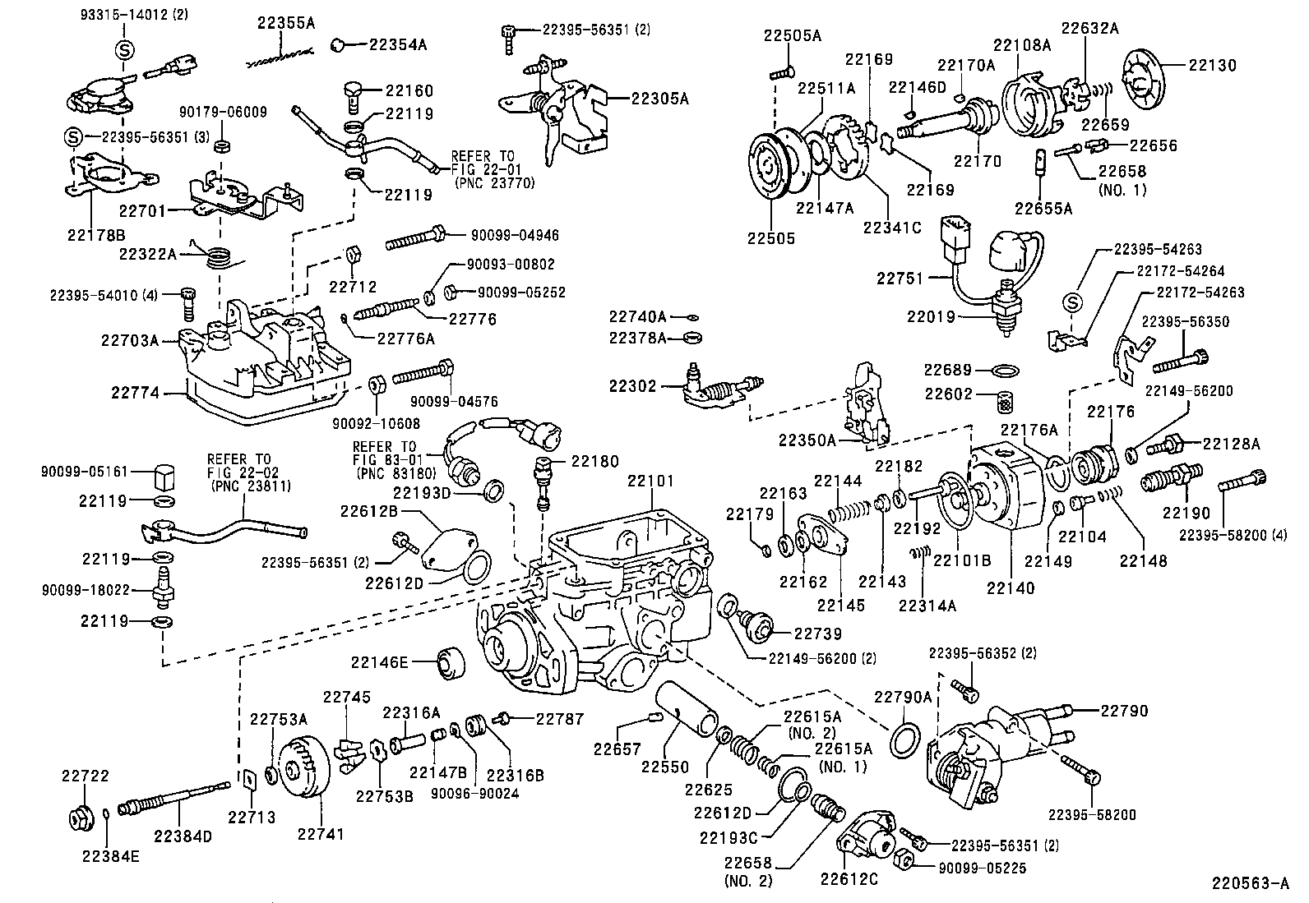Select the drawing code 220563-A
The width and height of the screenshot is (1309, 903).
pos(1249,884)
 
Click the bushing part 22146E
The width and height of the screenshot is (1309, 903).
pos(449,663)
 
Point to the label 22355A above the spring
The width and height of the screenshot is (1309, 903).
pos(285,23)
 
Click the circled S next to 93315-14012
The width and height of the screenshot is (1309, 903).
pos(123,49)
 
